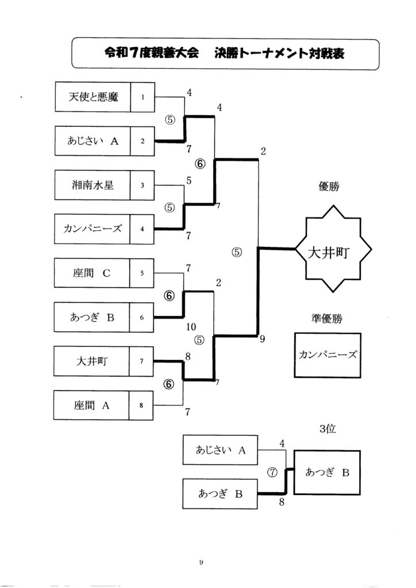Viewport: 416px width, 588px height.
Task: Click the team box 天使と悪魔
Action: pyautogui.click(x=93, y=97)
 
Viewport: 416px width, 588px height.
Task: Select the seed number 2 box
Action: pyautogui.click(x=142, y=141)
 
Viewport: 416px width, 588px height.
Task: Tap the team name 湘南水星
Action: pyautogui.click(x=93, y=185)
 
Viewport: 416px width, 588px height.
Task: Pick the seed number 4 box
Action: pyautogui.click(x=142, y=229)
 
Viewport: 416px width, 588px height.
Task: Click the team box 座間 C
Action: pyautogui.click(x=93, y=273)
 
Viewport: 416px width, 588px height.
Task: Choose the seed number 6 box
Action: pyautogui.click(x=142, y=317)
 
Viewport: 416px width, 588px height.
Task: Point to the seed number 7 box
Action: pyautogui.click(x=142, y=361)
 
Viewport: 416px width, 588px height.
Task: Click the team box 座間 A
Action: pyautogui.click(x=93, y=405)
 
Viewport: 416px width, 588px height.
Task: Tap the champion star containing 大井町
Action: pyautogui.click(x=334, y=251)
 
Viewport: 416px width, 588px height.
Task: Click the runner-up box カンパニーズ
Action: pyautogui.click(x=328, y=355)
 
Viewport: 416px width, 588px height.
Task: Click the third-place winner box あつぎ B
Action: pyautogui.click(x=328, y=472)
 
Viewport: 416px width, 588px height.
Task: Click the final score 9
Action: pyautogui.click(x=262, y=339)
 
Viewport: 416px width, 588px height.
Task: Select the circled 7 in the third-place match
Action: pyautogui.click(x=273, y=472)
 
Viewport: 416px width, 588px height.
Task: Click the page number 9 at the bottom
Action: pyautogui.click(x=202, y=562)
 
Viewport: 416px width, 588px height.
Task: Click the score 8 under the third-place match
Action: pyautogui.click(x=282, y=502)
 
